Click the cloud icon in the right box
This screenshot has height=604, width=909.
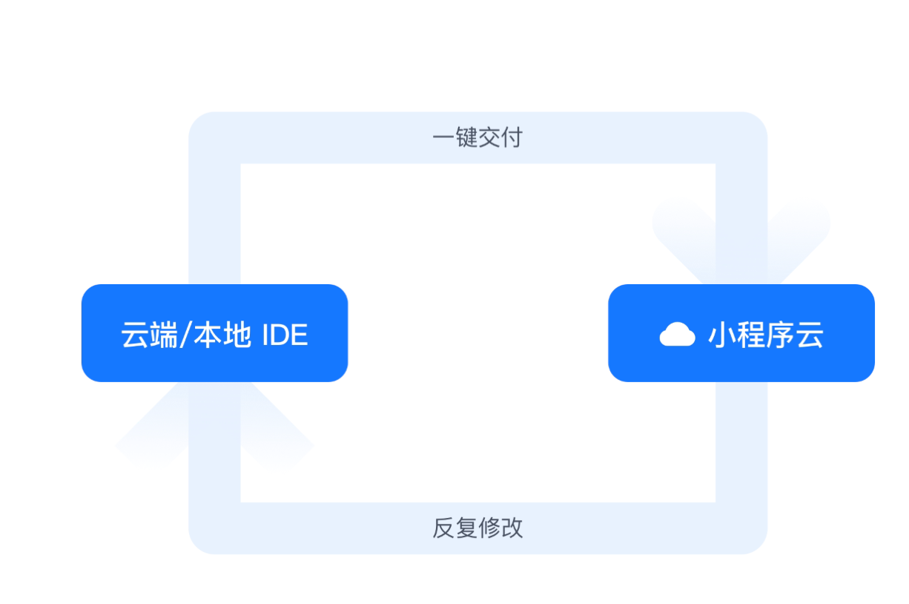677,335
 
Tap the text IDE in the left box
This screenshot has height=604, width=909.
285,335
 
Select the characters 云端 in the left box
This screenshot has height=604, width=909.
149,335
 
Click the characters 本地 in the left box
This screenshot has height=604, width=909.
222,335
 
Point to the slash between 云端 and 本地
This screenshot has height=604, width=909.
185,335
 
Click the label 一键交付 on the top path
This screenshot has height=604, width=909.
477,137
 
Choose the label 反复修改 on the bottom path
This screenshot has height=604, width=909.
477,528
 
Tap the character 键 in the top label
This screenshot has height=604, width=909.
466,137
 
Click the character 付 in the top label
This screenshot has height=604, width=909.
512,137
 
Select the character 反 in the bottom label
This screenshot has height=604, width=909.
443,528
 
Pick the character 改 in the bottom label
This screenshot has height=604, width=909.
512,528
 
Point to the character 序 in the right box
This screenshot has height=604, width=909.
780,335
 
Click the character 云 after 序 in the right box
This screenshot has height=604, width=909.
810,335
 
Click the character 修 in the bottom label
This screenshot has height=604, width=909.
489,528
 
